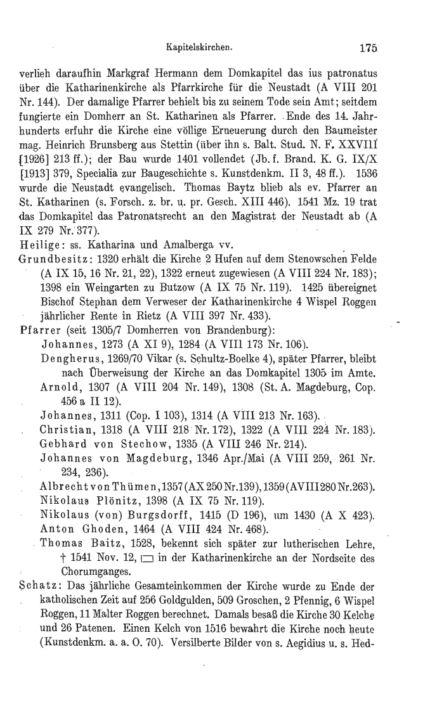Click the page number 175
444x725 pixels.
[x=368, y=46]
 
